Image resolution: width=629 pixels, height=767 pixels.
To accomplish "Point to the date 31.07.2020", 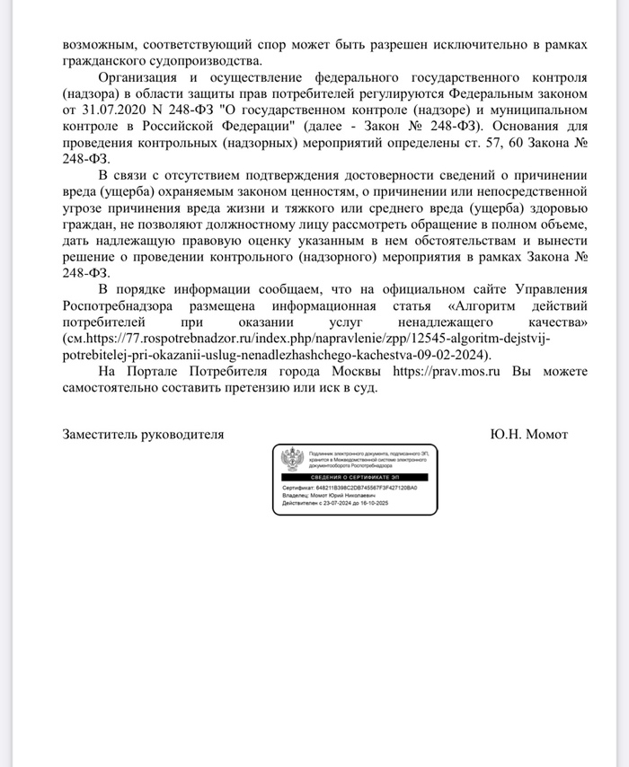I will coord(110,110).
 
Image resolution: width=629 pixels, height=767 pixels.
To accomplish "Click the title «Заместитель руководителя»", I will coord(143,435).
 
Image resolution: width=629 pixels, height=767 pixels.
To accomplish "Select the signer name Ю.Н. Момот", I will coord(529,435).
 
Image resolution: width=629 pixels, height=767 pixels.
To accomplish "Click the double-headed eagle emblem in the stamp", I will coord(291,461).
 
